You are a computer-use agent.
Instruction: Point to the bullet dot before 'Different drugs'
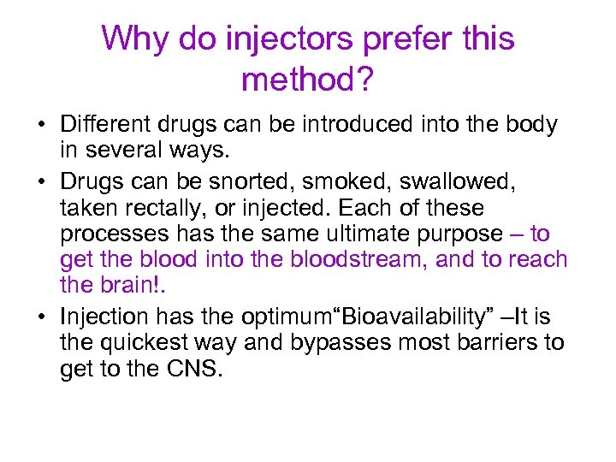(41, 126)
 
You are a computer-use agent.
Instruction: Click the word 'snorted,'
(283, 181)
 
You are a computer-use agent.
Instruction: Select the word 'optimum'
(287, 317)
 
